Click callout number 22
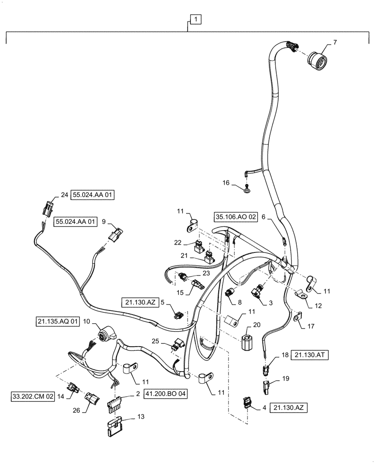pos(178,242)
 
